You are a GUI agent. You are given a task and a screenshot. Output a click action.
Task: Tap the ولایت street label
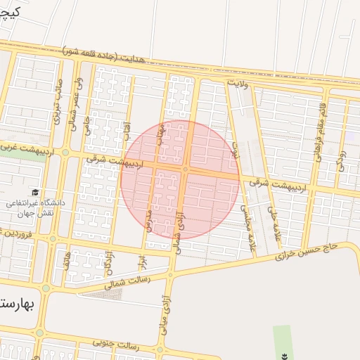[x=239, y=83]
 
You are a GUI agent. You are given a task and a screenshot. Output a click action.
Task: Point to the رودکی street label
[x=342, y=157]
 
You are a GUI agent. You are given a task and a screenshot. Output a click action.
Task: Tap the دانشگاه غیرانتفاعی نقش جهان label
[x=35, y=207]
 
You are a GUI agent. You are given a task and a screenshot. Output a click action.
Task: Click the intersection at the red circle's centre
[x=184, y=169]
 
